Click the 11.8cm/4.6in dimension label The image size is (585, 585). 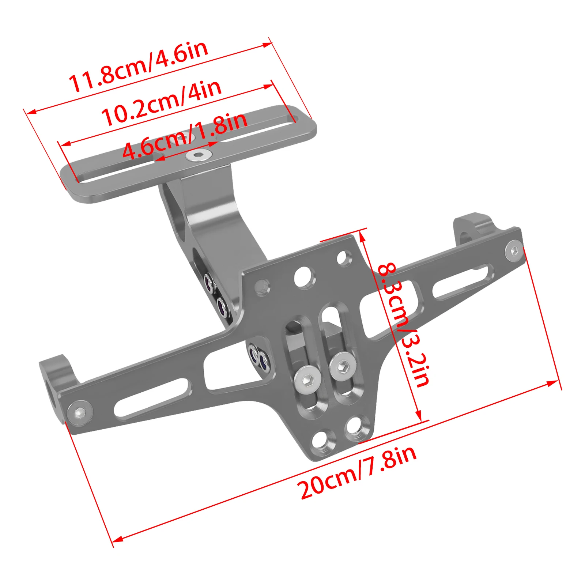pos(138,66)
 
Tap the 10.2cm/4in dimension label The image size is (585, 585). pos(161,103)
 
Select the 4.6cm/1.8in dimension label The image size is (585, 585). pos(185,136)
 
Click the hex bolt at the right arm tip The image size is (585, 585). pos(514,251)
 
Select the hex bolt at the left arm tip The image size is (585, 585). pos(80,413)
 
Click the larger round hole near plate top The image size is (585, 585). pos(304,276)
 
